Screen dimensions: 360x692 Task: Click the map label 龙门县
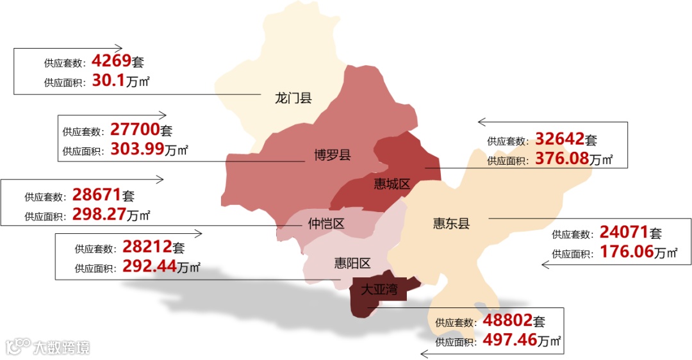(293, 98)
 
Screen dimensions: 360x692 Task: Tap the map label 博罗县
(332, 154)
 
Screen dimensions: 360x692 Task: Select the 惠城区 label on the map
(391, 184)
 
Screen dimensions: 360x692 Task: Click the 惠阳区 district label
(352, 263)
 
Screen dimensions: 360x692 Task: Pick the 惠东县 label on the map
(451, 223)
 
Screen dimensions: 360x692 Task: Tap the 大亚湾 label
(379, 289)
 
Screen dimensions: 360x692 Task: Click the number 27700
(135, 130)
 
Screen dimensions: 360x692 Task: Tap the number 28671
(97, 195)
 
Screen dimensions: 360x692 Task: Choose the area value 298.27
(99, 215)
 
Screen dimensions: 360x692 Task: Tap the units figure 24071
(624, 233)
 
